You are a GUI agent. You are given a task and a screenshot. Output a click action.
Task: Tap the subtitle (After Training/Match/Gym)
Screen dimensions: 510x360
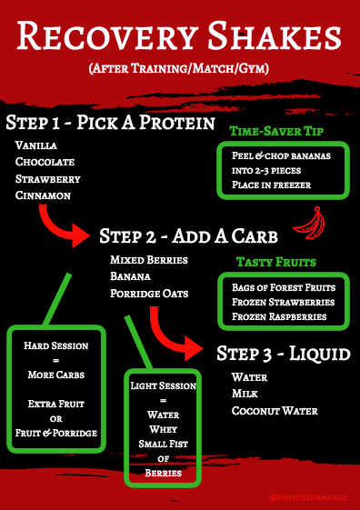180,70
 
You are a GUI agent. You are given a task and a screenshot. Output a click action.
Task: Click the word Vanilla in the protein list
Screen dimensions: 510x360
35,145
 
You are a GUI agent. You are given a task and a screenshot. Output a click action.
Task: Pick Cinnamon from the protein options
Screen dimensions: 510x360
42,195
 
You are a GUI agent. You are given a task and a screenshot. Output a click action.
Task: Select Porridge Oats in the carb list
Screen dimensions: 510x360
150,293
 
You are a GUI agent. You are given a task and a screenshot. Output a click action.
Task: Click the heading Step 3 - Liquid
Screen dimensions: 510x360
282,353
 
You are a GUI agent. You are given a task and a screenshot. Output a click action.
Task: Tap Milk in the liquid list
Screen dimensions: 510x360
245,393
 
